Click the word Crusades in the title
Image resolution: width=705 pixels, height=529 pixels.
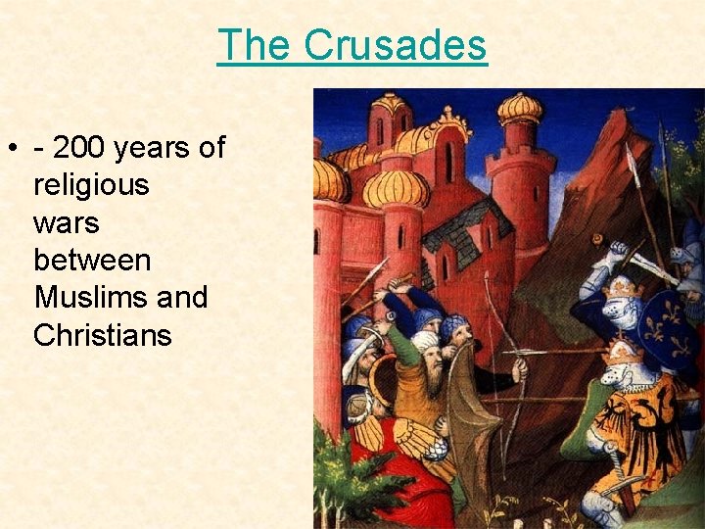pyautogui.click(x=395, y=45)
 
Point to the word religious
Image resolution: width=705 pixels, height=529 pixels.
pyautogui.click(x=90, y=185)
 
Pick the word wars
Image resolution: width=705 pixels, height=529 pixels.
pyautogui.click(x=66, y=223)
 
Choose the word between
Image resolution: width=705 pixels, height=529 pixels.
pyautogui.click(x=92, y=261)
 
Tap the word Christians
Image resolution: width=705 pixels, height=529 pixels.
pyautogui.click(x=102, y=335)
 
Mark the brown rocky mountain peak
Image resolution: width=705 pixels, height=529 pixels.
pyautogui.click(x=607, y=147)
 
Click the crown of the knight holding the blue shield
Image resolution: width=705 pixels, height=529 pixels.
pyautogui.click(x=623, y=286)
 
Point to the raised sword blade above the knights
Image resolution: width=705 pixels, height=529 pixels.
pyautogui.click(x=651, y=265)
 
